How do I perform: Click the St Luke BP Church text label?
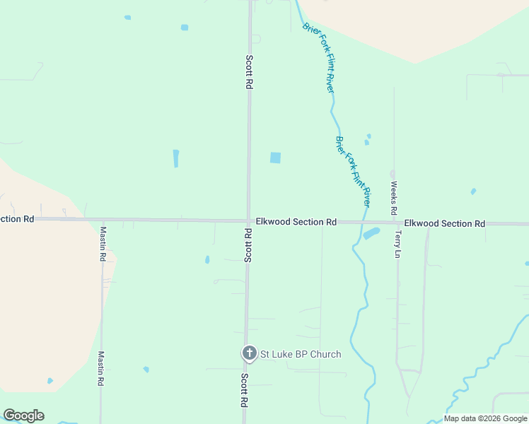pos(301,354)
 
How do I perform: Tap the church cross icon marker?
pos(249,353)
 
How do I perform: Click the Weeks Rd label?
pos(394,199)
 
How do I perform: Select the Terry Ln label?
pos(398,244)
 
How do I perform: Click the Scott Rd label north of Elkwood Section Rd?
pos(249,72)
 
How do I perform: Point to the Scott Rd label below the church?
pos(245,390)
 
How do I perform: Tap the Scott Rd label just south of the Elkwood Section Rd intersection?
pos(248,245)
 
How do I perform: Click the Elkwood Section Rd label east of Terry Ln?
pos(445,223)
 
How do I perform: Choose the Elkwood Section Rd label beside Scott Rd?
pos(296,222)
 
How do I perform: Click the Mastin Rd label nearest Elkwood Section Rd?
pos(102,244)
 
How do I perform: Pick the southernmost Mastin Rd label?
pos(101,368)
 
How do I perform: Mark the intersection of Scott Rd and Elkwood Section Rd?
pos(248,220)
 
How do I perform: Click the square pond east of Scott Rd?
pos(275,158)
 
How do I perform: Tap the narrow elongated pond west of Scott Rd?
pos(176,158)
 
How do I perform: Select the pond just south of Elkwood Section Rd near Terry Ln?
pos(371,232)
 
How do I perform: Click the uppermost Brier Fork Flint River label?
pos(318,57)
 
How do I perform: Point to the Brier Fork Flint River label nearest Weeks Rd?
pos(354,167)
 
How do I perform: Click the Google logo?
pos(23,416)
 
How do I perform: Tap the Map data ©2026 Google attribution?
pos(485,418)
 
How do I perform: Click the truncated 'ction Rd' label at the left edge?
pos(18,219)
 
